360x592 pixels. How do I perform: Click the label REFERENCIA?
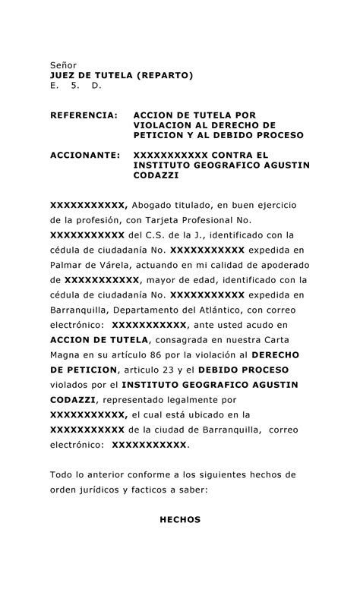pos(84,114)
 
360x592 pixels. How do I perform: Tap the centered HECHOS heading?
pos(180,520)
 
